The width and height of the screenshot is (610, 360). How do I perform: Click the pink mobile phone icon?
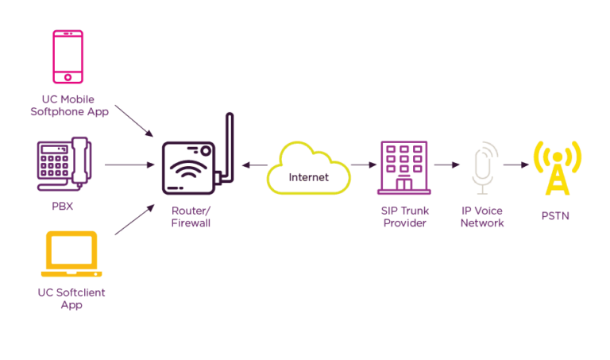[68, 56]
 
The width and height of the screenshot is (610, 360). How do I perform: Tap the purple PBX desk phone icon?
[64, 164]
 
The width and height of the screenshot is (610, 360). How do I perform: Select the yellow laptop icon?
[71, 255]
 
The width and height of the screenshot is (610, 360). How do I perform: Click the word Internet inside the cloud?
[308, 176]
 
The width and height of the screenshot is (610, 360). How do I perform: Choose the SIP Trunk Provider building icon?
[404, 168]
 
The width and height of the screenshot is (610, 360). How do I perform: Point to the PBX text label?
[63, 206]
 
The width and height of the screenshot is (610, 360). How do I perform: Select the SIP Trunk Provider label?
[403, 217]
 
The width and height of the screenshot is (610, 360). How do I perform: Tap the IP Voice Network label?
[483, 217]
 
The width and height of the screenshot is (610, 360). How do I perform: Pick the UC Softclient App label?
[71, 298]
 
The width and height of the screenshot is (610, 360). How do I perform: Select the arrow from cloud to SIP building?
[362, 165]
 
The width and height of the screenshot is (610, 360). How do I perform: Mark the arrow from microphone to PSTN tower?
[516, 165]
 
